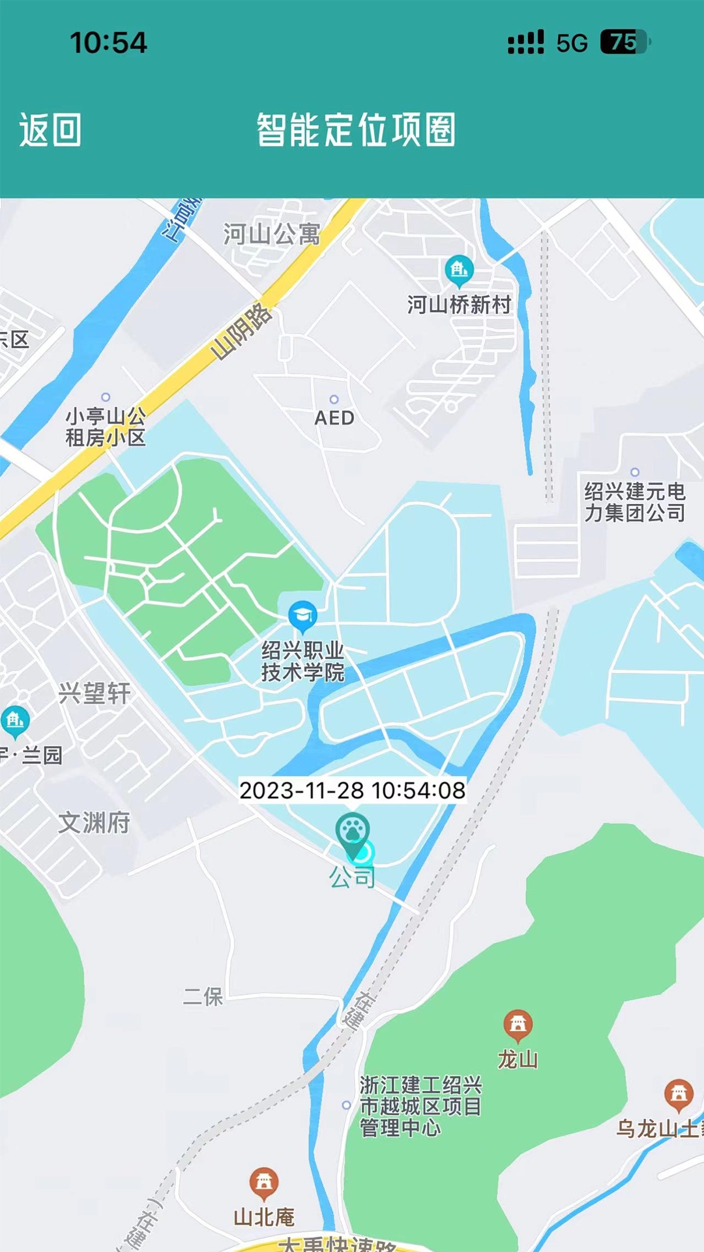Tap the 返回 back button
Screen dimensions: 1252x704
click(50, 130)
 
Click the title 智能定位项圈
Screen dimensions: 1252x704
click(356, 130)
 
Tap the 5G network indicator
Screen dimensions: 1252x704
click(572, 43)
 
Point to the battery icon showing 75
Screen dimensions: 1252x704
click(624, 42)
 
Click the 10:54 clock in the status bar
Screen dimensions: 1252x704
click(108, 43)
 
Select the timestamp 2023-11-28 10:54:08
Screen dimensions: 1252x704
click(352, 790)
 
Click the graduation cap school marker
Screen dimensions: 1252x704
click(302, 616)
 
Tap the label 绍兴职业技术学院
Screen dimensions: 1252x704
click(302, 661)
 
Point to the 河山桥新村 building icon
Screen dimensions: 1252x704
click(460, 269)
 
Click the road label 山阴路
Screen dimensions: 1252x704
click(241, 332)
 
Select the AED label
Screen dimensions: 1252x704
click(334, 418)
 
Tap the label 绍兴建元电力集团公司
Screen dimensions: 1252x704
click(634, 502)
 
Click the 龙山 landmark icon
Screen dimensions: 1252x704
click(518, 1025)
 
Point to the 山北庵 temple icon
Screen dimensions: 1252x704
click(264, 1182)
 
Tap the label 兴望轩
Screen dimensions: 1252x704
click(95, 693)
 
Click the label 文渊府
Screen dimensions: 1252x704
click(95, 823)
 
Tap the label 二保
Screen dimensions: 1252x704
click(203, 996)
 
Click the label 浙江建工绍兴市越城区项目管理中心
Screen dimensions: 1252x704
click(420, 1106)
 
